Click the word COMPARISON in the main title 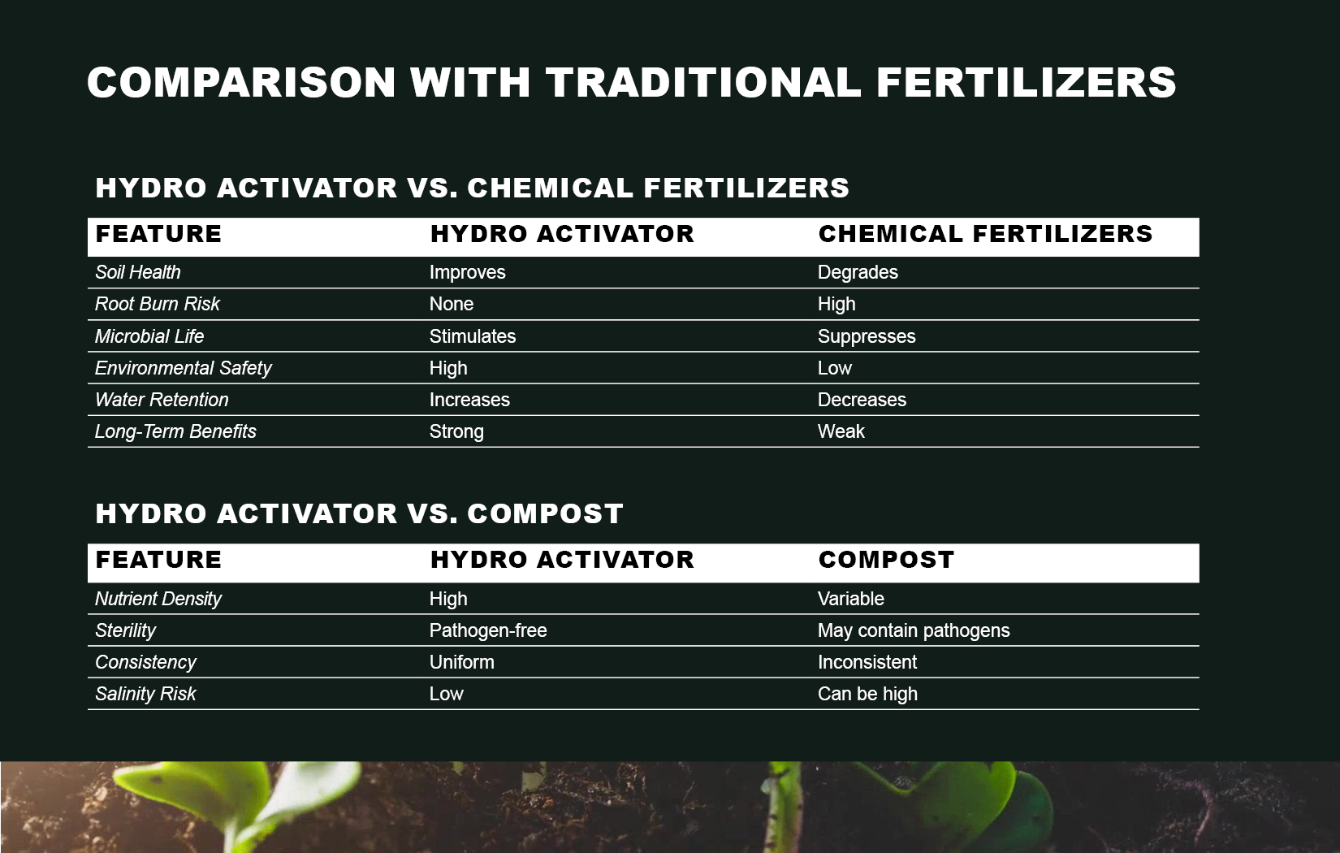[242, 82]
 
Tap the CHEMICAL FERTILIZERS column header [985, 233]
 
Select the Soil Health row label [137, 272]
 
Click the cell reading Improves [467, 272]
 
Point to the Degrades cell [858, 272]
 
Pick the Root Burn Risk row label [158, 304]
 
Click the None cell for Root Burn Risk [451, 304]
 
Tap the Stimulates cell [473, 336]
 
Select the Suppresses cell [867, 336]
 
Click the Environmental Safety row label [183, 368]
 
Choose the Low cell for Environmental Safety [835, 368]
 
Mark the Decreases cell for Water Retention [862, 400]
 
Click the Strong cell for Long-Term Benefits [456, 431]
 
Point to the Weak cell [841, 431]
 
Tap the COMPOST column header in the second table [886, 560]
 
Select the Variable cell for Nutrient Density [850, 599]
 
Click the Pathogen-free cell [488, 630]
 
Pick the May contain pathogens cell [914, 630]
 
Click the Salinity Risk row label [145, 694]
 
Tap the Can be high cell [867, 694]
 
